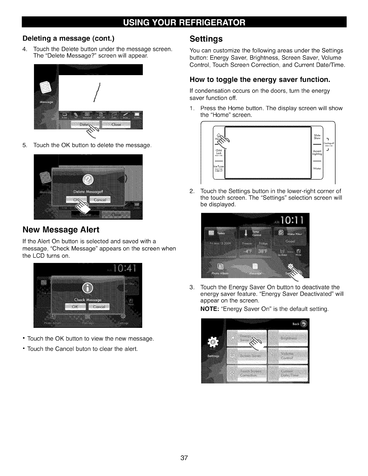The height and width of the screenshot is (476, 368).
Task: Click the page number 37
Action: pos(184,458)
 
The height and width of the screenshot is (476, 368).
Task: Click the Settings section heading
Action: pos(206,39)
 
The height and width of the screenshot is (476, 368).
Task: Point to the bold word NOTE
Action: pos(210,309)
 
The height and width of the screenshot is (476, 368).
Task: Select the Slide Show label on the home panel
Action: pos(317,137)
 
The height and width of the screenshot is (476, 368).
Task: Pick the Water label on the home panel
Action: pos(317,169)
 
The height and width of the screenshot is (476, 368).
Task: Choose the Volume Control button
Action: pos(288,356)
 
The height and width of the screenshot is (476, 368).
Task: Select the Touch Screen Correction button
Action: pos(247,373)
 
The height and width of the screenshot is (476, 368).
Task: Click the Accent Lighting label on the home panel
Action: pos(317,153)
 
